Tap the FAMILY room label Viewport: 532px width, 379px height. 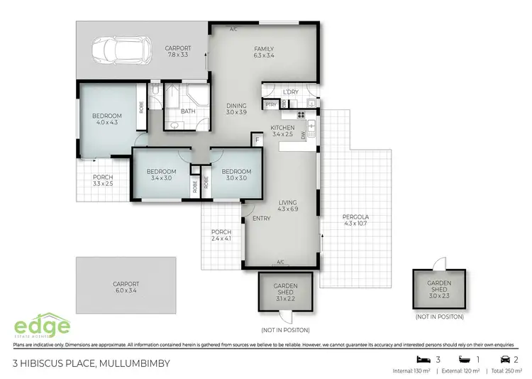point(263,50)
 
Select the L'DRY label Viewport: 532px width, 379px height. point(289,92)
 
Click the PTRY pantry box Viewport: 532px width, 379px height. point(270,104)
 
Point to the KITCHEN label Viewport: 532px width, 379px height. point(282,128)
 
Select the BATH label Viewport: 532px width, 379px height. point(188,111)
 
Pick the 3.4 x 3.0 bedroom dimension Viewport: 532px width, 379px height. point(160,178)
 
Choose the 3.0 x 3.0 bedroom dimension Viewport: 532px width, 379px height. point(235,178)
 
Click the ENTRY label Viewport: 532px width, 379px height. point(261,218)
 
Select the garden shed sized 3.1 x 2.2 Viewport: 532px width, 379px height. point(285,292)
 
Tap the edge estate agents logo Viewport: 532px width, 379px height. point(43,327)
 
